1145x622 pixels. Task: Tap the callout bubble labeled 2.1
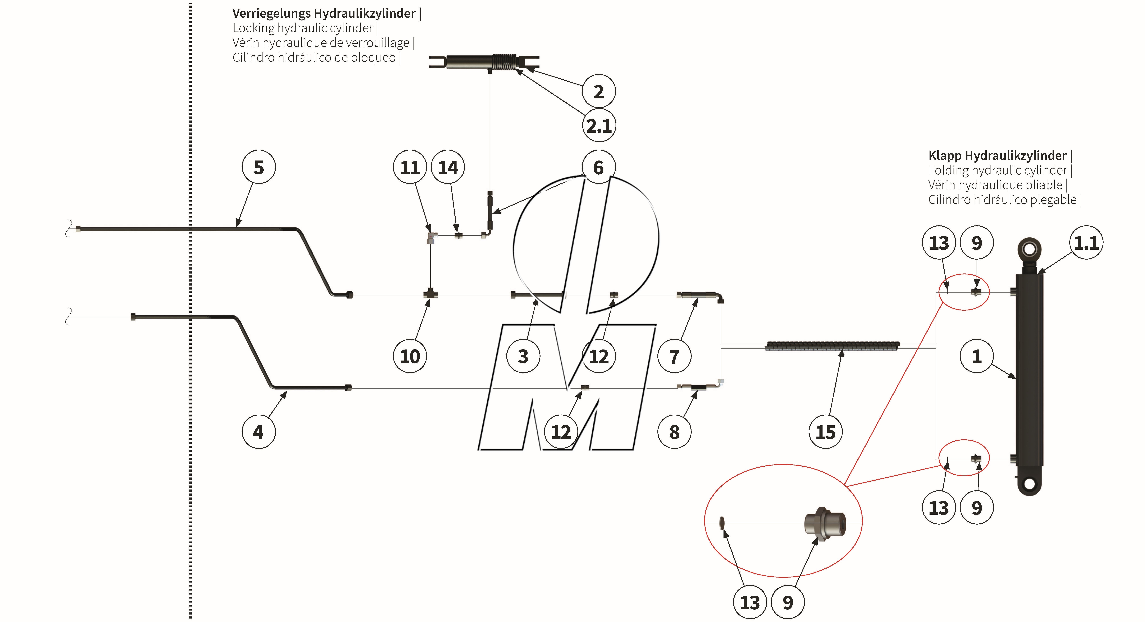coord(599,126)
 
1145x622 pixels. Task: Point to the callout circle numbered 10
coord(410,356)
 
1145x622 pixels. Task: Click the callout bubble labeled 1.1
coord(1086,243)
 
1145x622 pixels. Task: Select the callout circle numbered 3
coord(523,356)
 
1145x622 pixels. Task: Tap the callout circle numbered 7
coord(674,356)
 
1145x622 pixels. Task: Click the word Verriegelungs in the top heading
coord(271,13)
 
